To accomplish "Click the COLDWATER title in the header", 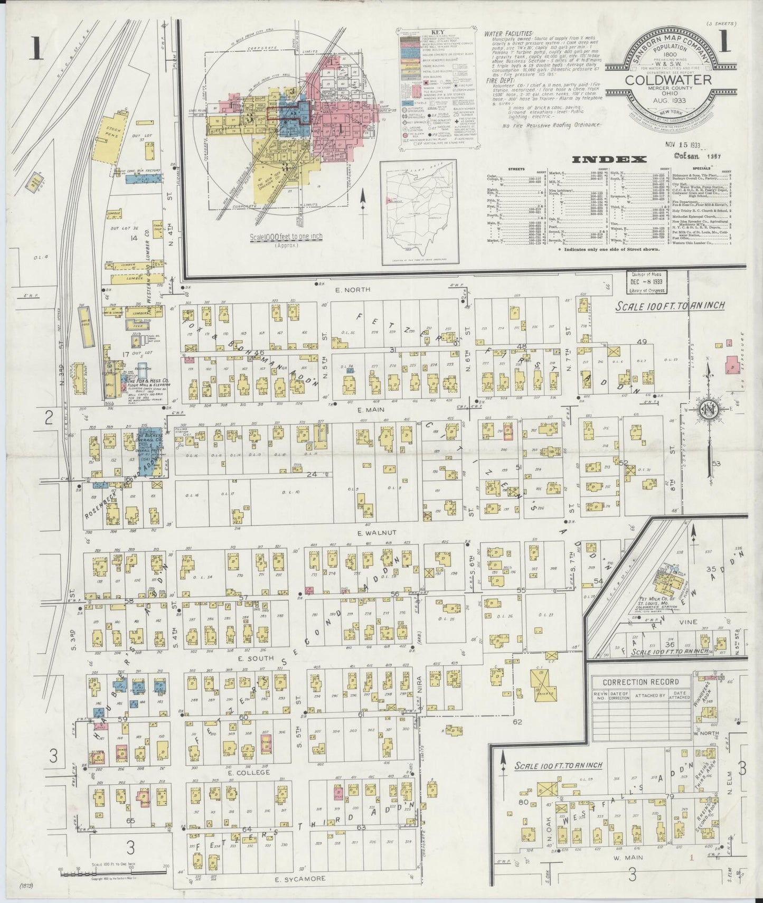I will pos(668,80).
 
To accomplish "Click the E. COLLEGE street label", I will pos(250,772).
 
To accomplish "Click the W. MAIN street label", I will pos(624,858).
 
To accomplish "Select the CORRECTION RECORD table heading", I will pos(640,682).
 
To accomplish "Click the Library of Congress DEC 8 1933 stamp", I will pos(646,283).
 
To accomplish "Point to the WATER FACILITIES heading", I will pos(508,33).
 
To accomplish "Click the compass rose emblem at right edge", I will pos(708,410).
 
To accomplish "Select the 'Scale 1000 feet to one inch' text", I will pos(286,237).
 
